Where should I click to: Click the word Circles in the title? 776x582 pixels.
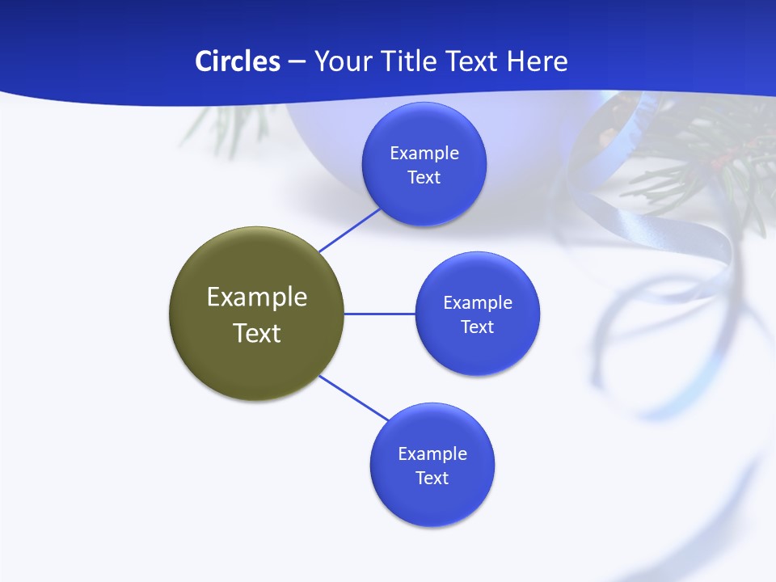[238, 61]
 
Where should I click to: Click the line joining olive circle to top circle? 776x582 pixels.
[349, 230]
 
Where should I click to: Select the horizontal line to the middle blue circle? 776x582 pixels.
[380, 314]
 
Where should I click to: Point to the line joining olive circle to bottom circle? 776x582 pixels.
[353, 399]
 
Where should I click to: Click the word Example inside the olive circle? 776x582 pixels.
[257, 297]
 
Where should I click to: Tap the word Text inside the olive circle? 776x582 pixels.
[257, 333]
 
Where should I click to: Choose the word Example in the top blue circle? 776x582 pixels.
[424, 153]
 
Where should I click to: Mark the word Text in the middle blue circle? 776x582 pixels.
[478, 327]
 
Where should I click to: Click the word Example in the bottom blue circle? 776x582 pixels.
[432, 453]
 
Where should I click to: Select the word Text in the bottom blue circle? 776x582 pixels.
[432, 478]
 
